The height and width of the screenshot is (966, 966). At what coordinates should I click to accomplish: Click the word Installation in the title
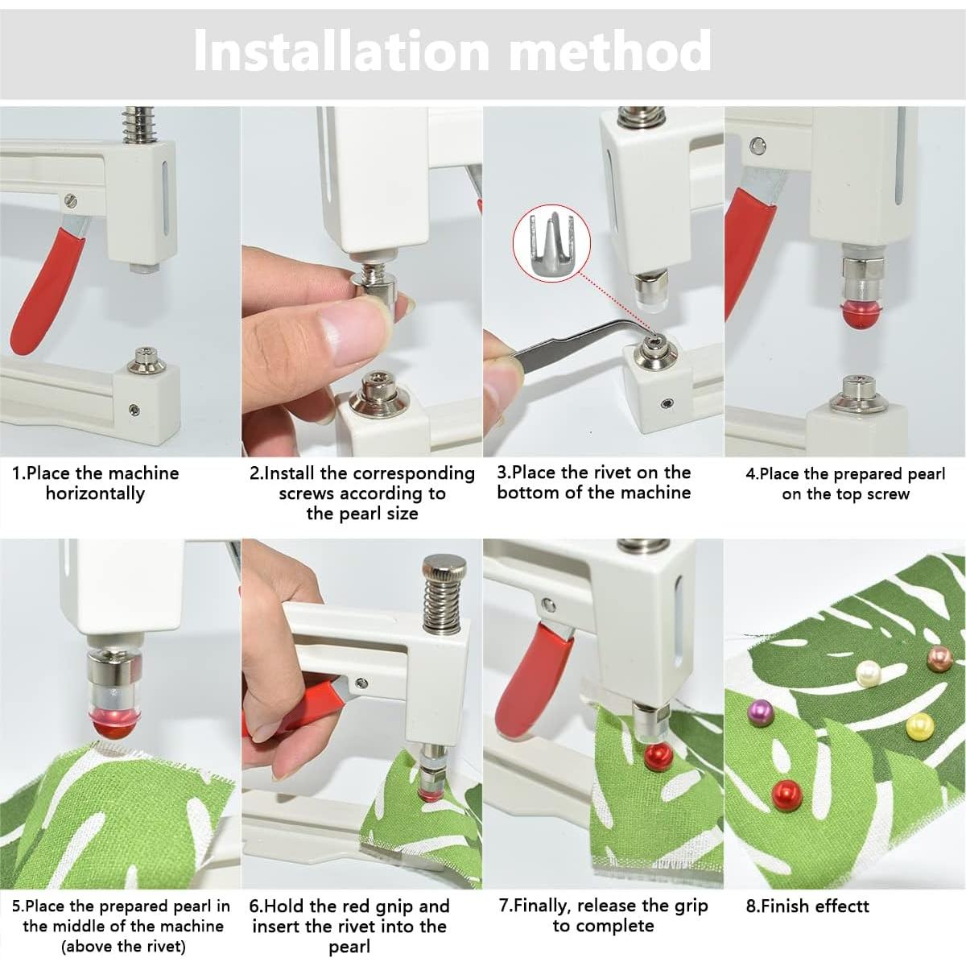(x=341, y=51)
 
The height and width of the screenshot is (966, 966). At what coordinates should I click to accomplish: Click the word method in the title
(x=610, y=51)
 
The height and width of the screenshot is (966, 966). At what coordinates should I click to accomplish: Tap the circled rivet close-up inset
(x=551, y=243)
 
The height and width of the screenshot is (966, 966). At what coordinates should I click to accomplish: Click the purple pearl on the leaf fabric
(x=761, y=713)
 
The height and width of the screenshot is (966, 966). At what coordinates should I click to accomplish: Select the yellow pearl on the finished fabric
(x=920, y=726)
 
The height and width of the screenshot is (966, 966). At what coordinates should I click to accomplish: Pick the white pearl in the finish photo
(x=869, y=675)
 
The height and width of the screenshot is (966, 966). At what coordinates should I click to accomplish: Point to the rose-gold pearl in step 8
(x=939, y=660)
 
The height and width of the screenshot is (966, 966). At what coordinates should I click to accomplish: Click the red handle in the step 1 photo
(x=47, y=291)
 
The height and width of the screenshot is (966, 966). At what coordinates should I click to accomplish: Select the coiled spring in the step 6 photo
(x=442, y=604)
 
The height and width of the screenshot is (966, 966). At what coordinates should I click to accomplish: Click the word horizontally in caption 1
(x=95, y=493)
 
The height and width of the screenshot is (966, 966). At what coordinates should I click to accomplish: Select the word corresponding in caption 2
(x=414, y=473)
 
